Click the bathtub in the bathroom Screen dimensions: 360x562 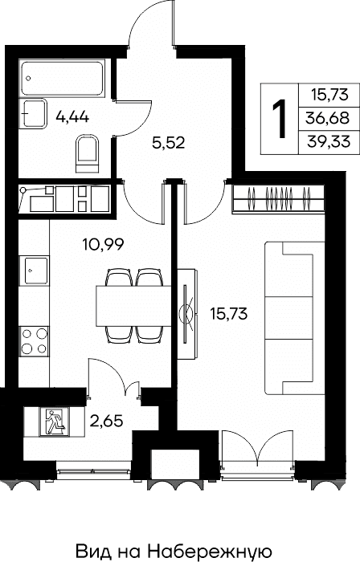(62, 79)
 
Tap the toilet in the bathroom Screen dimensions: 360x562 (88, 154)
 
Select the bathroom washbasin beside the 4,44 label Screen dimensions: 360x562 (35, 114)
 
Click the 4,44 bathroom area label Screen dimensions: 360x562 (72, 117)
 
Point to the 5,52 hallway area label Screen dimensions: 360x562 (168, 144)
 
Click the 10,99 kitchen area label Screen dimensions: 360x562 (104, 245)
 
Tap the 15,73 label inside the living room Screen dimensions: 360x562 (229, 315)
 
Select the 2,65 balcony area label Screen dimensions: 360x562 (107, 421)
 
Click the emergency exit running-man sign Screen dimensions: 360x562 (55, 421)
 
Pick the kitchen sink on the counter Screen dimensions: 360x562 (34, 271)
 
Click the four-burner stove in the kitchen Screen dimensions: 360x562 (34, 341)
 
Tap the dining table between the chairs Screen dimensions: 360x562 (133, 306)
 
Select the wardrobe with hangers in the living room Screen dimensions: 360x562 (279, 198)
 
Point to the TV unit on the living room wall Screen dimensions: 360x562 (187, 314)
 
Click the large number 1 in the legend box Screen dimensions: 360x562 (280, 119)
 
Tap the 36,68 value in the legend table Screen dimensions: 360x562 (327, 118)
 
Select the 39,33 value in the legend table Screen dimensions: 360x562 (328, 142)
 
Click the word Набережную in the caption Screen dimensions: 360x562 (210, 551)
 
